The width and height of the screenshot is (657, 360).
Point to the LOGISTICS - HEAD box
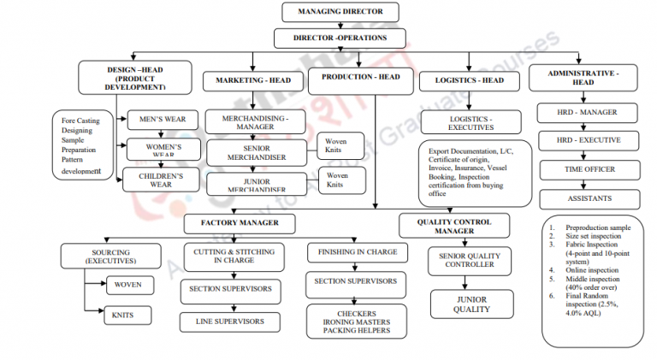(x=466, y=80)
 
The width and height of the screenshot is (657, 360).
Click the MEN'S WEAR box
(x=163, y=119)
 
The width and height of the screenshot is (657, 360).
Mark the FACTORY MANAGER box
(x=239, y=224)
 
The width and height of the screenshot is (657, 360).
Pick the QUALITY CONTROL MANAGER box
(x=454, y=225)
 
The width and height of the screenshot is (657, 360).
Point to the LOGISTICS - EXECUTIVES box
(x=471, y=122)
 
